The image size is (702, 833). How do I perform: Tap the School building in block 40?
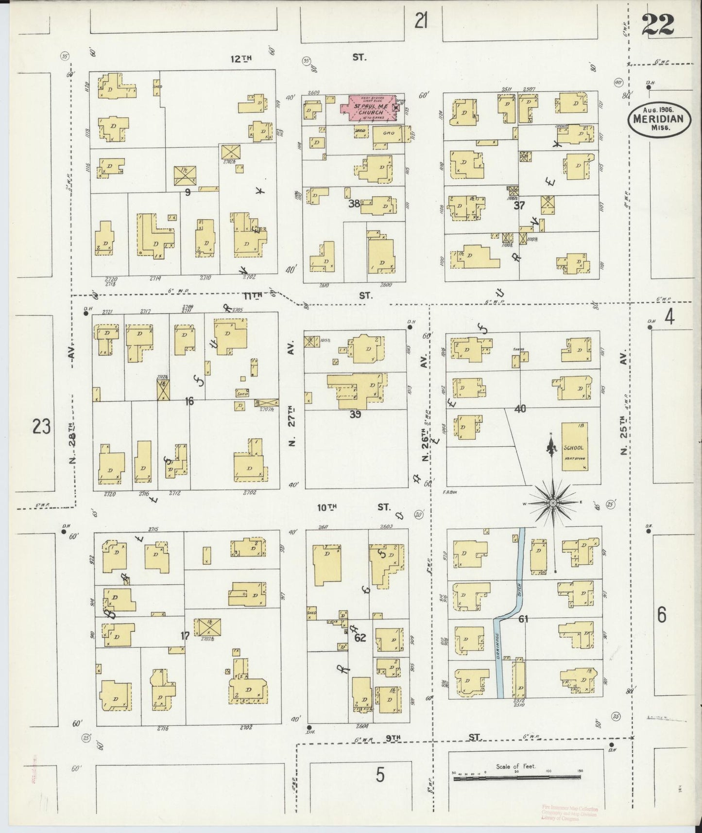(574, 447)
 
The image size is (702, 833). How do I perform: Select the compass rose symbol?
(552, 503)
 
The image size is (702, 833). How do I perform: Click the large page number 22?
(657, 24)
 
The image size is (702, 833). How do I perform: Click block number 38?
(354, 204)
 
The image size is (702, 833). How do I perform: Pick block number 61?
(523, 619)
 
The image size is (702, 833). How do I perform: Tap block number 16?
(189, 401)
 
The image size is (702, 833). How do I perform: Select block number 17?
(185, 636)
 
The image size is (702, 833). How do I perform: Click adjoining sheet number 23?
(41, 427)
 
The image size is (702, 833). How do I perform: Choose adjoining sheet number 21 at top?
(421, 21)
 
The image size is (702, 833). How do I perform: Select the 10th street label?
(327, 507)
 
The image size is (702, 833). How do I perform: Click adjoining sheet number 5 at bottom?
(380, 775)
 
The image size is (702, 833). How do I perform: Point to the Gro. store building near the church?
(388, 134)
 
